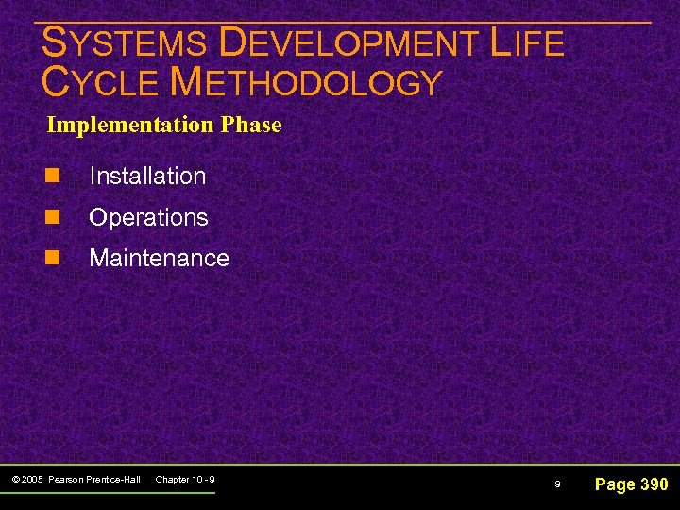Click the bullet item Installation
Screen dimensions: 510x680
click(147, 176)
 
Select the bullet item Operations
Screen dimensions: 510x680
click(148, 217)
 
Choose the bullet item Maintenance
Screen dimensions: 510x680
click(159, 258)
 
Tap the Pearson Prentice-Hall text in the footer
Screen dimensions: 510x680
click(93, 481)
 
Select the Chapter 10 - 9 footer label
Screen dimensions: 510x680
click(185, 481)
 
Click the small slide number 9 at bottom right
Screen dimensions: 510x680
click(557, 484)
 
